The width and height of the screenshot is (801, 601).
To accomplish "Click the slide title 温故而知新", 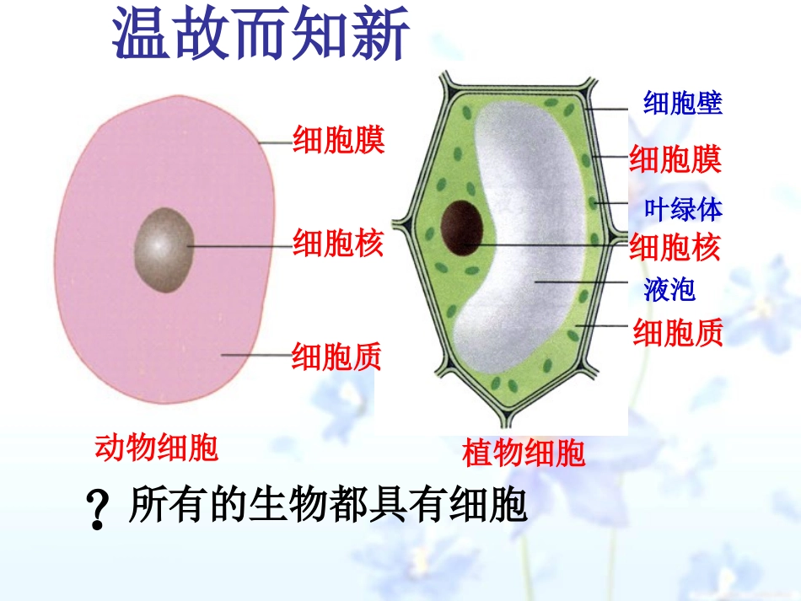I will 261,36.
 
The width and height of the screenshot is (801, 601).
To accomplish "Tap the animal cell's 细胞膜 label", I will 338,140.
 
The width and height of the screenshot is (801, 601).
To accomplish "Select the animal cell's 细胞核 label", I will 338,244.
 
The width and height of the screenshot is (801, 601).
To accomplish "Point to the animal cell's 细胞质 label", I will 337,357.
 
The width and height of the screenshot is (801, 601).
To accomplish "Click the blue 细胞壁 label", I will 683,104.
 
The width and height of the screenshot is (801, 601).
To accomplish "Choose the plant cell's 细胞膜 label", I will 675,159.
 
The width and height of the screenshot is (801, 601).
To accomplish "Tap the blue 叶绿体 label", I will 683,208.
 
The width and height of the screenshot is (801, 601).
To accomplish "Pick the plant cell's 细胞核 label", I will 675,248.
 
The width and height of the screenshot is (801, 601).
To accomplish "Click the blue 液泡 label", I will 669,291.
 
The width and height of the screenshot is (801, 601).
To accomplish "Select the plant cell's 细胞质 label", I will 678,335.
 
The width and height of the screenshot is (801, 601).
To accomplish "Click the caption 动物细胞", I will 156,448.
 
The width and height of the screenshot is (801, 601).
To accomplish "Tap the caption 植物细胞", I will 524,454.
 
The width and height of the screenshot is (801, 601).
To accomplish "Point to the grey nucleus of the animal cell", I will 163,250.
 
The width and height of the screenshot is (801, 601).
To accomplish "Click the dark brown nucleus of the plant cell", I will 462,228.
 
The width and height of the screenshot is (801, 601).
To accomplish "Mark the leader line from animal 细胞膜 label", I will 273,142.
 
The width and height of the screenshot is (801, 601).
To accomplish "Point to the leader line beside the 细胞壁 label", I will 616,108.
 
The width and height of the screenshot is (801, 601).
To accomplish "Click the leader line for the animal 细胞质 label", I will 256,356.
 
